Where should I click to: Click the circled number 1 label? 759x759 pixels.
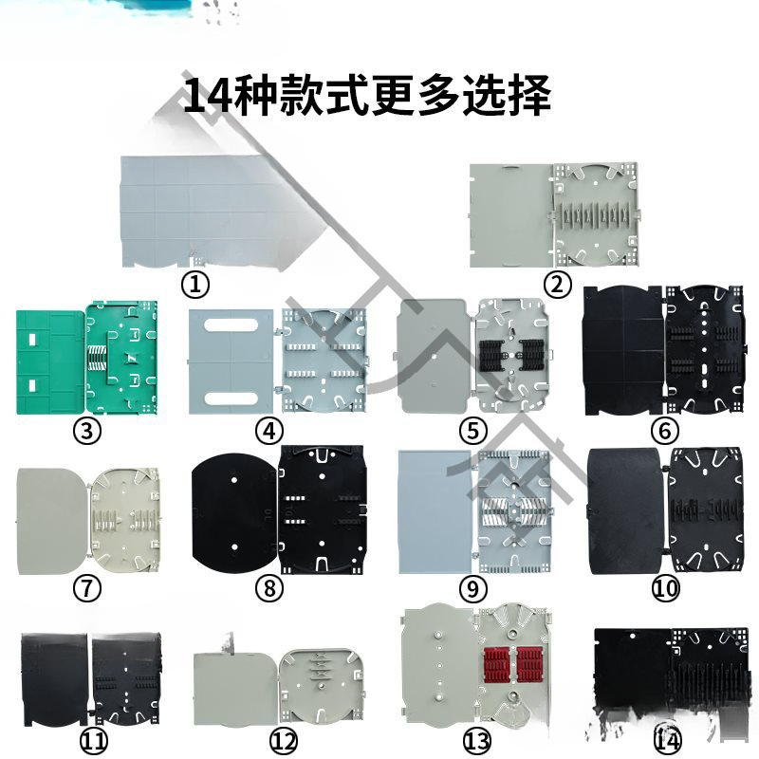click(x=195, y=283)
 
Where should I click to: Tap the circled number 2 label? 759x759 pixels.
click(x=557, y=283)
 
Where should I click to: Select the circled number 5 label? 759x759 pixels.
click(x=472, y=430)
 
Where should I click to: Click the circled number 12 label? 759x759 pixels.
click(x=284, y=739)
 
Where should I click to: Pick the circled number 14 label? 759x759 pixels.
click(x=667, y=739)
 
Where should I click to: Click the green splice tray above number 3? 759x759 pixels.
click(x=88, y=359)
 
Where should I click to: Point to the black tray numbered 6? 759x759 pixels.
click(x=663, y=351)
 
